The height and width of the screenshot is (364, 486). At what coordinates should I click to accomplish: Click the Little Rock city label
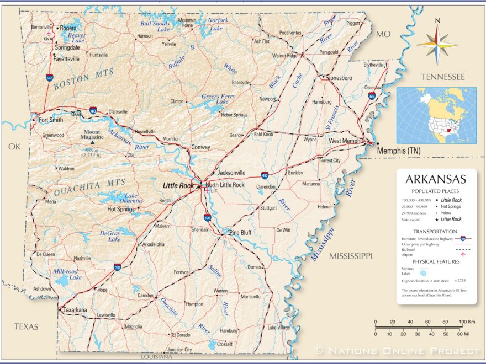[178, 186]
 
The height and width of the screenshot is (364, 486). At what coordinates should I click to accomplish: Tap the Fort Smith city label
[50, 120]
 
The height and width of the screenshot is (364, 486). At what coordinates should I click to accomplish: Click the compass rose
[437, 43]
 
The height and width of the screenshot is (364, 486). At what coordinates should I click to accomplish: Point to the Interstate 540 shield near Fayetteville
[50, 79]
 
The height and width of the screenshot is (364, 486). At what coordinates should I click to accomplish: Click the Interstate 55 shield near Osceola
[372, 96]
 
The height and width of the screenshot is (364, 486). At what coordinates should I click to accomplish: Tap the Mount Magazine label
[92, 135]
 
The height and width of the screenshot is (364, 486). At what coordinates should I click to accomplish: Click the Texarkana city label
[75, 310]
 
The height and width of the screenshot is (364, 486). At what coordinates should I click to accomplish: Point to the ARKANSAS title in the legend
[436, 179]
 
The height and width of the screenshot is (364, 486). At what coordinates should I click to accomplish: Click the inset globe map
[436, 115]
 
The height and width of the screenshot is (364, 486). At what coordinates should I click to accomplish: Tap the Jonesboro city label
[340, 78]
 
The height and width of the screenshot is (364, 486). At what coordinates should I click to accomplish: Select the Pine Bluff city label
[240, 233]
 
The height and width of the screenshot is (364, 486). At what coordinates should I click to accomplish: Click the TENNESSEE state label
[442, 77]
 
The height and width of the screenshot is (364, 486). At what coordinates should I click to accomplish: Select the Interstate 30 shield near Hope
[117, 267]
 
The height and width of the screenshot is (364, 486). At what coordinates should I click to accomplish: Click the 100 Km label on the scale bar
[467, 322]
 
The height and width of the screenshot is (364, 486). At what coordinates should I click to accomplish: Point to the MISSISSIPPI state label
[351, 256]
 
